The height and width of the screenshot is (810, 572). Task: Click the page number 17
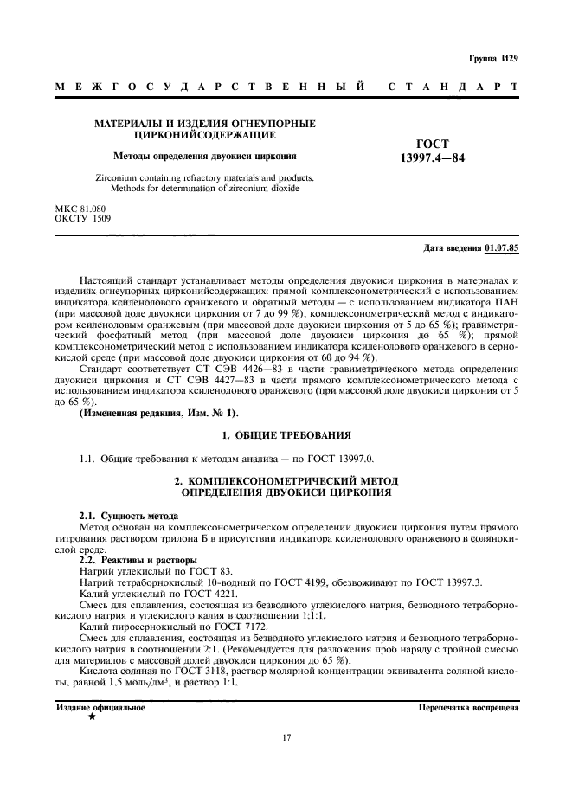coord(286,737)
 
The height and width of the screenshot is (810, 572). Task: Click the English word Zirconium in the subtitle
coord(117,177)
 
